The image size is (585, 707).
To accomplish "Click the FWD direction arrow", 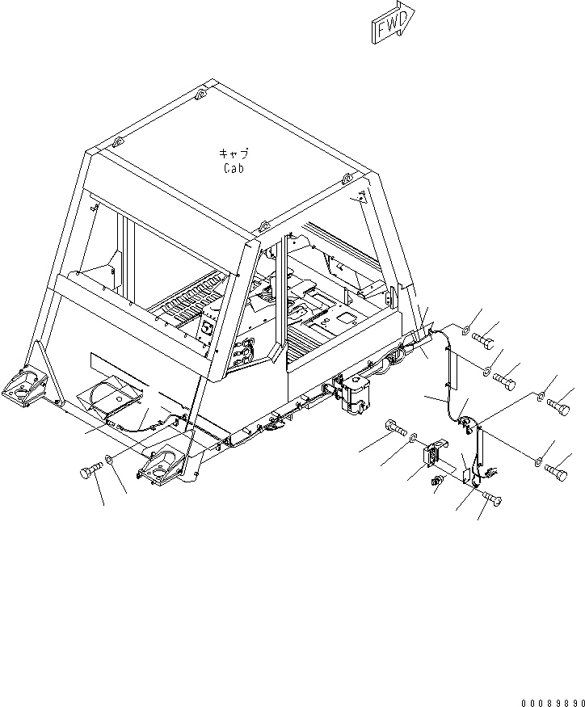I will coord(393,23).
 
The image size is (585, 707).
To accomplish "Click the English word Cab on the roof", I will coord(234,169).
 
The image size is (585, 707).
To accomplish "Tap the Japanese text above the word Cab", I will coord(234,154).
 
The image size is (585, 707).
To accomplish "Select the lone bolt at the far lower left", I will coord(89,471).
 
